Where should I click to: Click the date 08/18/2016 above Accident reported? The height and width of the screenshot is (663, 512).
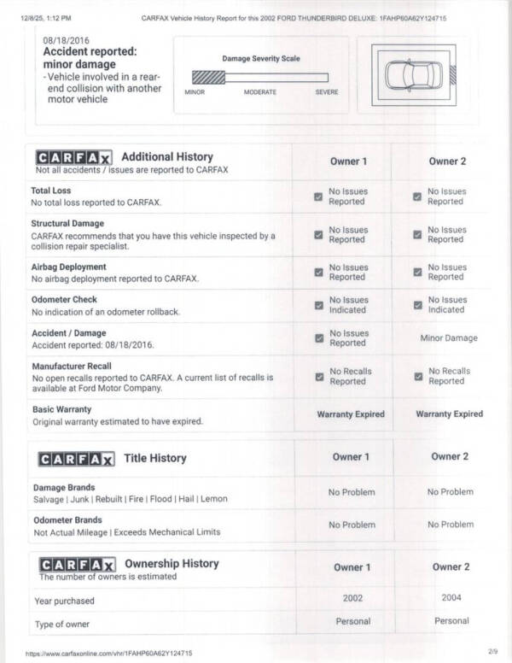coord(67,40)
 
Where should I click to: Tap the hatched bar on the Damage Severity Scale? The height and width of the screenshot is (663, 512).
coord(208,77)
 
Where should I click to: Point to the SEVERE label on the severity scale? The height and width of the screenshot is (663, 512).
coord(326,92)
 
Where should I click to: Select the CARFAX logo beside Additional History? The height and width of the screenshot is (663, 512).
coord(74,158)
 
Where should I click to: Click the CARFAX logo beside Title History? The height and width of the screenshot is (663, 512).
coord(74,459)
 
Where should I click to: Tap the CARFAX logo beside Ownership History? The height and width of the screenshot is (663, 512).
coord(74,565)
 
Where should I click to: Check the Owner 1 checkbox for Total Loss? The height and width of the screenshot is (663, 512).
coord(318,197)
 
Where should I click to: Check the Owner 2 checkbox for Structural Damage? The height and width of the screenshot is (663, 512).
coord(417,235)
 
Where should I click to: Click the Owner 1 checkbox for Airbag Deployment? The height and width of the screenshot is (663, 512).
coord(318,273)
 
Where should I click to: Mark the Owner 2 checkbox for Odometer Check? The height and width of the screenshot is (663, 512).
coord(417,305)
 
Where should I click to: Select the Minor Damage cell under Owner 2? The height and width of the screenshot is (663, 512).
coord(449,338)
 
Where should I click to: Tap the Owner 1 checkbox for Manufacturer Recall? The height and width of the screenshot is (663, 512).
coord(318,377)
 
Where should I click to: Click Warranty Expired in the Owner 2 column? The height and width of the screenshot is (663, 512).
coord(449,414)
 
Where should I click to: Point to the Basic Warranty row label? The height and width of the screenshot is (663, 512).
coord(61,409)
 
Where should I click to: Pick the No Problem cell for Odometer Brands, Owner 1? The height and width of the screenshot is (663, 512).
coord(352,525)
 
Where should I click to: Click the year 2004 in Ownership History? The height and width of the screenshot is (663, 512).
coord(451,598)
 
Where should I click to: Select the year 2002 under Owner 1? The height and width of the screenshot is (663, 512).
coord(352,599)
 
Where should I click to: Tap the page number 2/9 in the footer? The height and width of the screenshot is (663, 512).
coord(492,652)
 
